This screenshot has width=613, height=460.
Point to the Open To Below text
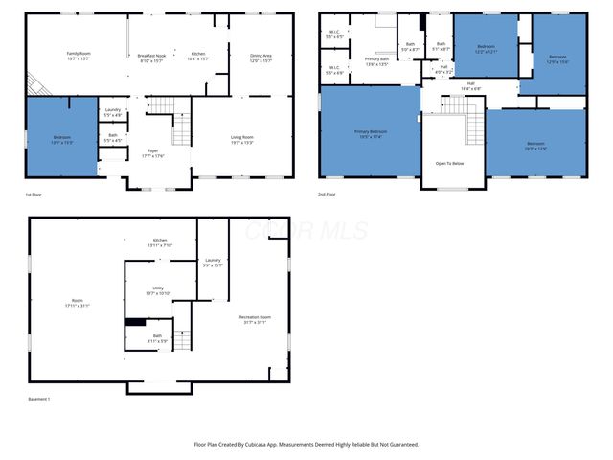[449, 164]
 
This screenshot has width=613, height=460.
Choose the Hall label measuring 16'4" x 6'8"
[470, 84]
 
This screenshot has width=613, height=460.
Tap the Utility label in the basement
[158, 290]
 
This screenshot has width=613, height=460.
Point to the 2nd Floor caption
[329, 195]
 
